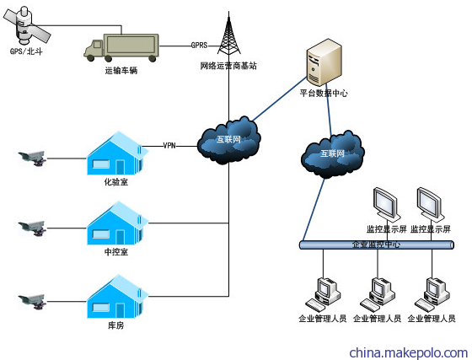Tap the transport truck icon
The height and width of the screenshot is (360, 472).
pyautogui.click(x=121, y=47)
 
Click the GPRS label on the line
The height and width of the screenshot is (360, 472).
pyautogui.click(x=199, y=46)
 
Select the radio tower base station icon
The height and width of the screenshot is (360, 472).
pyautogui.click(x=229, y=34)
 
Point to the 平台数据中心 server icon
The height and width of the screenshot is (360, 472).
pyautogui.click(x=324, y=62)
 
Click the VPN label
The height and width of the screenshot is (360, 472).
pyautogui.click(x=169, y=146)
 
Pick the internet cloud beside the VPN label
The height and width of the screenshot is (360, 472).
pyautogui.click(x=228, y=141)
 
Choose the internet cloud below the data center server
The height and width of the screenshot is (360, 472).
pyautogui.click(x=333, y=154)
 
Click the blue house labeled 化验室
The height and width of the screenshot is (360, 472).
pyautogui.click(x=117, y=153)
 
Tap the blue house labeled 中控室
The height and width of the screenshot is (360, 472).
pyautogui.click(x=117, y=223)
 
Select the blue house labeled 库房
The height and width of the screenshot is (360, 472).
pyautogui.click(x=117, y=297)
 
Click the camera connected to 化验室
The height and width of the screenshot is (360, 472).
pyautogui.click(x=32, y=159)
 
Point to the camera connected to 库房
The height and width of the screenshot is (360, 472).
pyautogui.click(x=32, y=302)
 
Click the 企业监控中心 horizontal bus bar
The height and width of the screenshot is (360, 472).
pyautogui.click(x=376, y=244)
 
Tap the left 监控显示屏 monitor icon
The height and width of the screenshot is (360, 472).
pyautogui.click(x=387, y=205)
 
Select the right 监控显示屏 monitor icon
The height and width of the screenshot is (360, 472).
pyautogui.click(x=431, y=205)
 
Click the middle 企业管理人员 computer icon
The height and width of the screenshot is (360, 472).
pyautogui.click(x=378, y=295)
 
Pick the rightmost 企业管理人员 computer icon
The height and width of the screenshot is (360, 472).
pyautogui.click(x=432, y=295)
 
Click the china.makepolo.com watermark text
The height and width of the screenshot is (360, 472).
pyautogui.click(x=409, y=352)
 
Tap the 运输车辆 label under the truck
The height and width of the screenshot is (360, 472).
pyautogui.click(x=121, y=71)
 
